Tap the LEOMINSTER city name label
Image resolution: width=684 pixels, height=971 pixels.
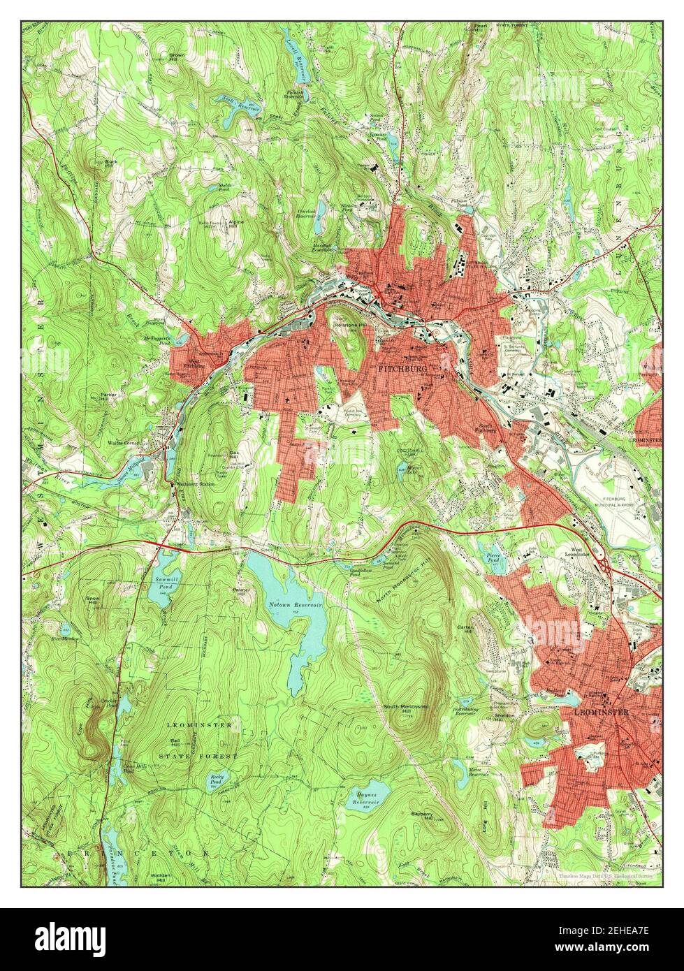(601, 713)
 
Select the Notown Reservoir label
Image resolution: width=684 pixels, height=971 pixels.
(296, 606)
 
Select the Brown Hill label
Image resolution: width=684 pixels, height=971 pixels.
(176, 56)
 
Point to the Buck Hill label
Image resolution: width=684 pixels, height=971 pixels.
(110, 163)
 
